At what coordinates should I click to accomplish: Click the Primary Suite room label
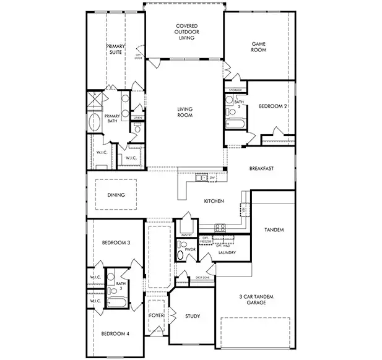(x=116, y=49)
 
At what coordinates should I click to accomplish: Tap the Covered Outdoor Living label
(x=184, y=32)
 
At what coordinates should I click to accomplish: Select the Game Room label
(x=258, y=47)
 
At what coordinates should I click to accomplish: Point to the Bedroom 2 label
(x=272, y=106)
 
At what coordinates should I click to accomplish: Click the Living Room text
(x=184, y=113)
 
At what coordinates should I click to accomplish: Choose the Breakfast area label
(x=261, y=168)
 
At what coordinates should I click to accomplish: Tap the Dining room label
(x=116, y=195)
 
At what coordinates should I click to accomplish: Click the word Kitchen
(x=214, y=201)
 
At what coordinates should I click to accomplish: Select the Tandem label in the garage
(x=274, y=230)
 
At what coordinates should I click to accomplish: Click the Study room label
(x=192, y=317)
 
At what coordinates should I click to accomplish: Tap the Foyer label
(x=156, y=316)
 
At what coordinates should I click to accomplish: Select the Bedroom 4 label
(x=115, y=334)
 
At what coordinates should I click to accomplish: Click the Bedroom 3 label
(x=115, y=243)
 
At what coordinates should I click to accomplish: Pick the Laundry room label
(x=227, y=252)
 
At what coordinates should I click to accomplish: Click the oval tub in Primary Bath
(x=95, y=120)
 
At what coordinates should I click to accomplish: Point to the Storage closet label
(x=235, y=90)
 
